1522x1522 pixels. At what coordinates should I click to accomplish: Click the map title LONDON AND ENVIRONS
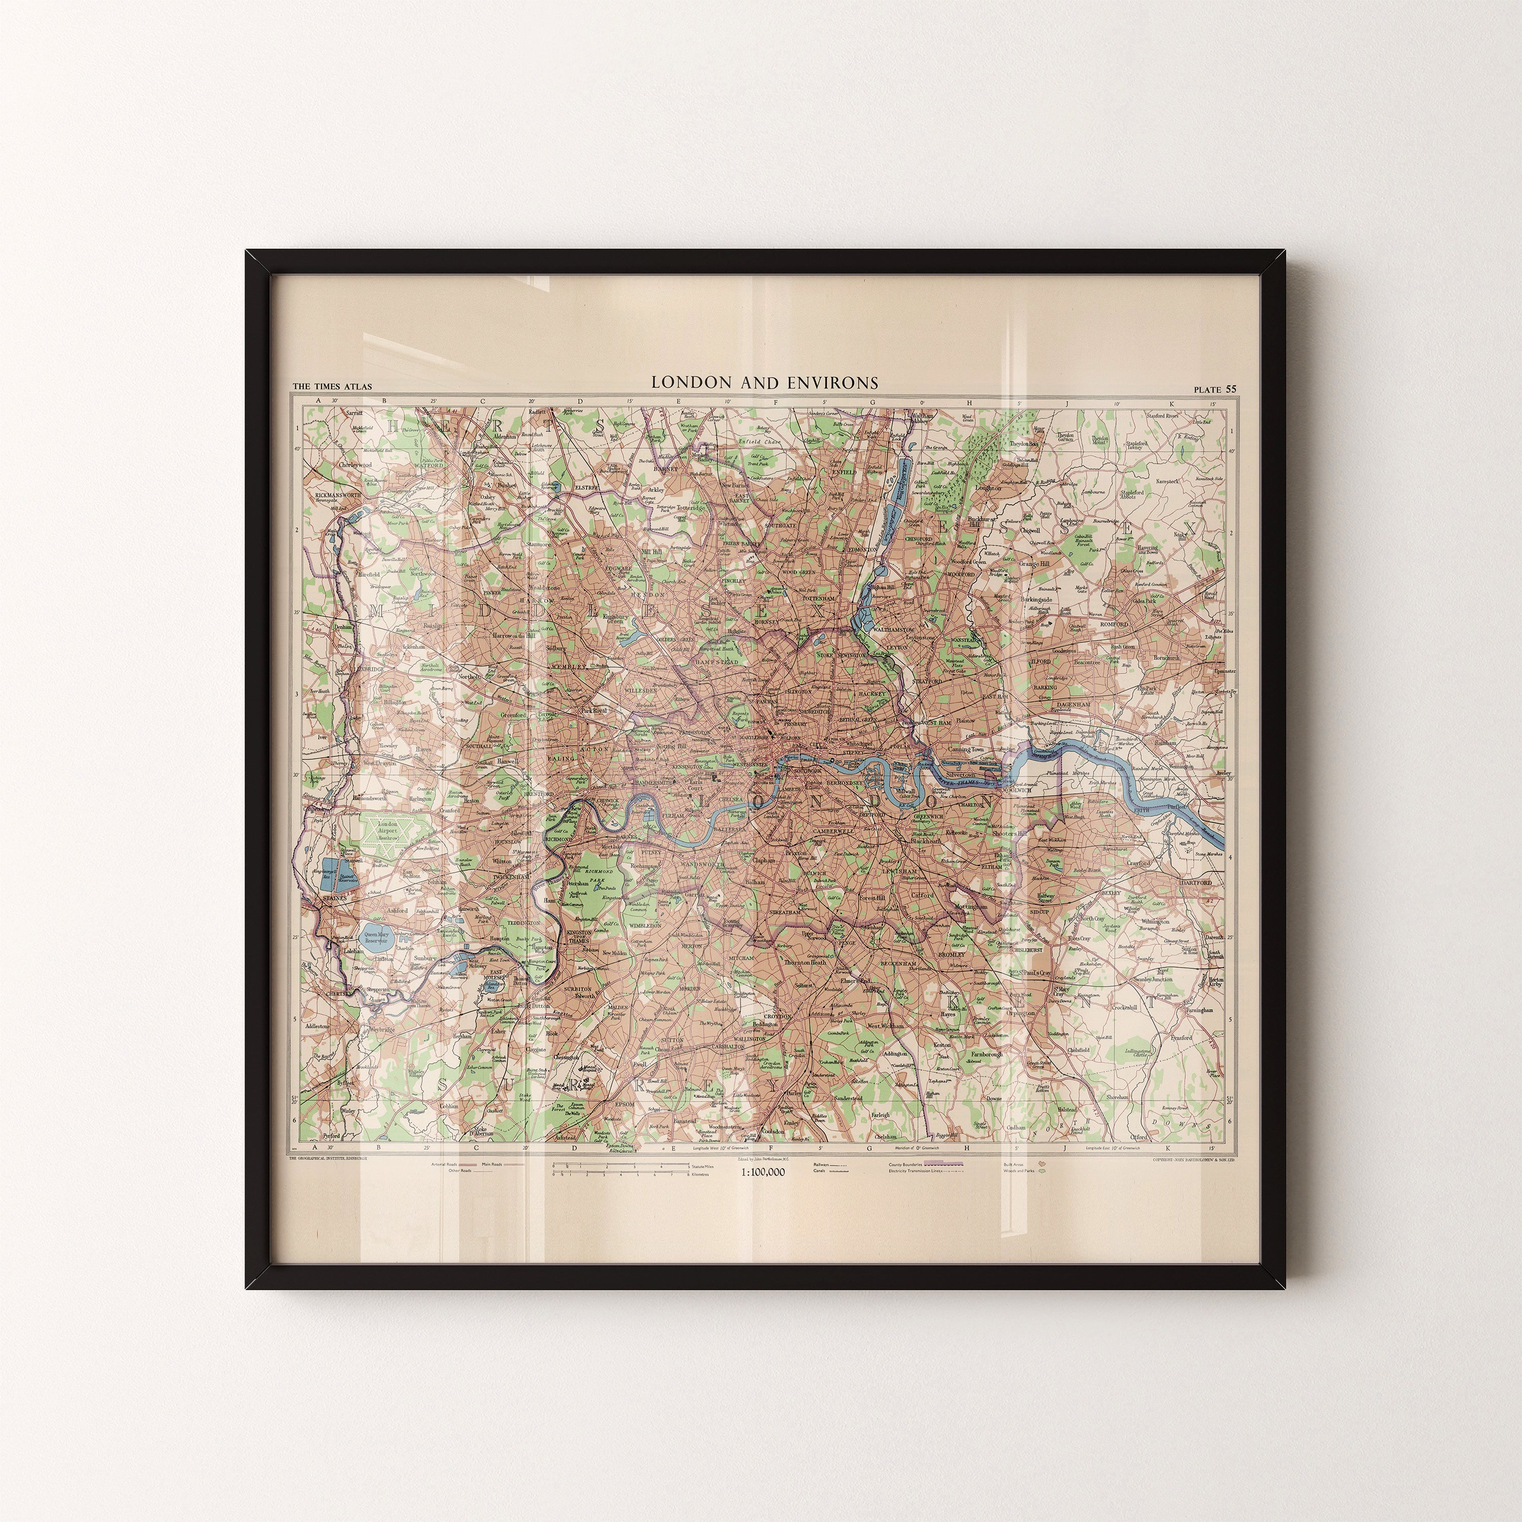[764, 383]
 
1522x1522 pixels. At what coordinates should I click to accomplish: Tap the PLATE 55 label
[1215, 389]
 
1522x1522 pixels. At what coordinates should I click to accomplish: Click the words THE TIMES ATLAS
[332, 387]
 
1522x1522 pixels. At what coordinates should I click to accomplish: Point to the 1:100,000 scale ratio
[763, 1172]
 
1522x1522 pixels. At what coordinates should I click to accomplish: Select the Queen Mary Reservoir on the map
[375, 938]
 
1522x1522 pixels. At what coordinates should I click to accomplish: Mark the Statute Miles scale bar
[622, 1163]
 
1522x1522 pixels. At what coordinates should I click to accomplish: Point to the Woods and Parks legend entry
[1021, 1170]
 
